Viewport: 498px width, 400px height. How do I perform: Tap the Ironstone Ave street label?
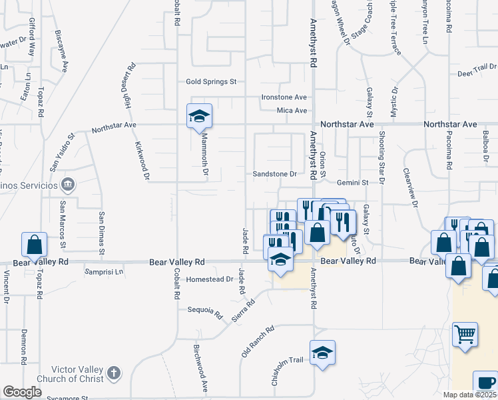pos(284,97)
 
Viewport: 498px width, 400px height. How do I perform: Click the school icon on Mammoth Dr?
pos(198,116)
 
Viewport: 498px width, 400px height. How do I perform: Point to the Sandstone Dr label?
pos(274,174)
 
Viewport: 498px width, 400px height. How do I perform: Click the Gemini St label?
pos(352,182)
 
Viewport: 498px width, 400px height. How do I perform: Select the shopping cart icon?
pos(465,334)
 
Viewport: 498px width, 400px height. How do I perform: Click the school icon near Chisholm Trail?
pos(322,353)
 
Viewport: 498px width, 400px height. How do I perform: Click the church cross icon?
pos(114,373)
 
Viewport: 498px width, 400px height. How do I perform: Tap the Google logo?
pos(22,392)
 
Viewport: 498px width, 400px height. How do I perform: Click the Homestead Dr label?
pos(208,279)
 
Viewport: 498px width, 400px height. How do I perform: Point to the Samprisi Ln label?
pos(104,272)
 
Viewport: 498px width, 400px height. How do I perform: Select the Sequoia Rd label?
pos(204,311)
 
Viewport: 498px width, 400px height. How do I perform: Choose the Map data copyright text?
pos(469,395)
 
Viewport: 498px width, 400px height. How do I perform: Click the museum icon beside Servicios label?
pos(67,183)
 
